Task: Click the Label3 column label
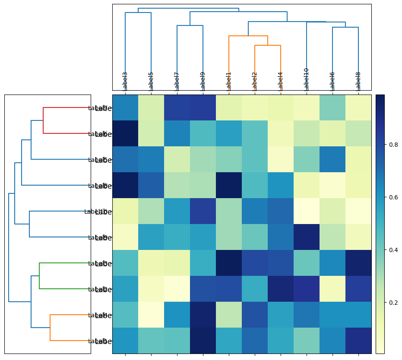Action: [125, 81]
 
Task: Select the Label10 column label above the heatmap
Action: [307, 79]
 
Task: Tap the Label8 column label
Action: [358, 81]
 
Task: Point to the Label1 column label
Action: [229, 81]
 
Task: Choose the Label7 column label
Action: [177, 81]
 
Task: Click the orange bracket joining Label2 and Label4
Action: [268, 45]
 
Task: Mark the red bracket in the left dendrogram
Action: [43, 120]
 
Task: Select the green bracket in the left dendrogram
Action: [39, 276]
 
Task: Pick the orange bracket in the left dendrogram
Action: [50, 328]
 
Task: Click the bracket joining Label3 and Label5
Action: [138, 13]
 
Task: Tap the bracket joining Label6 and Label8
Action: [345, 27]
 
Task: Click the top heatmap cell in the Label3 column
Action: [125, 107]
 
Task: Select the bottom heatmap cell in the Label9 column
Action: [203, 341]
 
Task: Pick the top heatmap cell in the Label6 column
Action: [332, 107]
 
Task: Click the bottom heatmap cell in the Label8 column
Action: [358, 341]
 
